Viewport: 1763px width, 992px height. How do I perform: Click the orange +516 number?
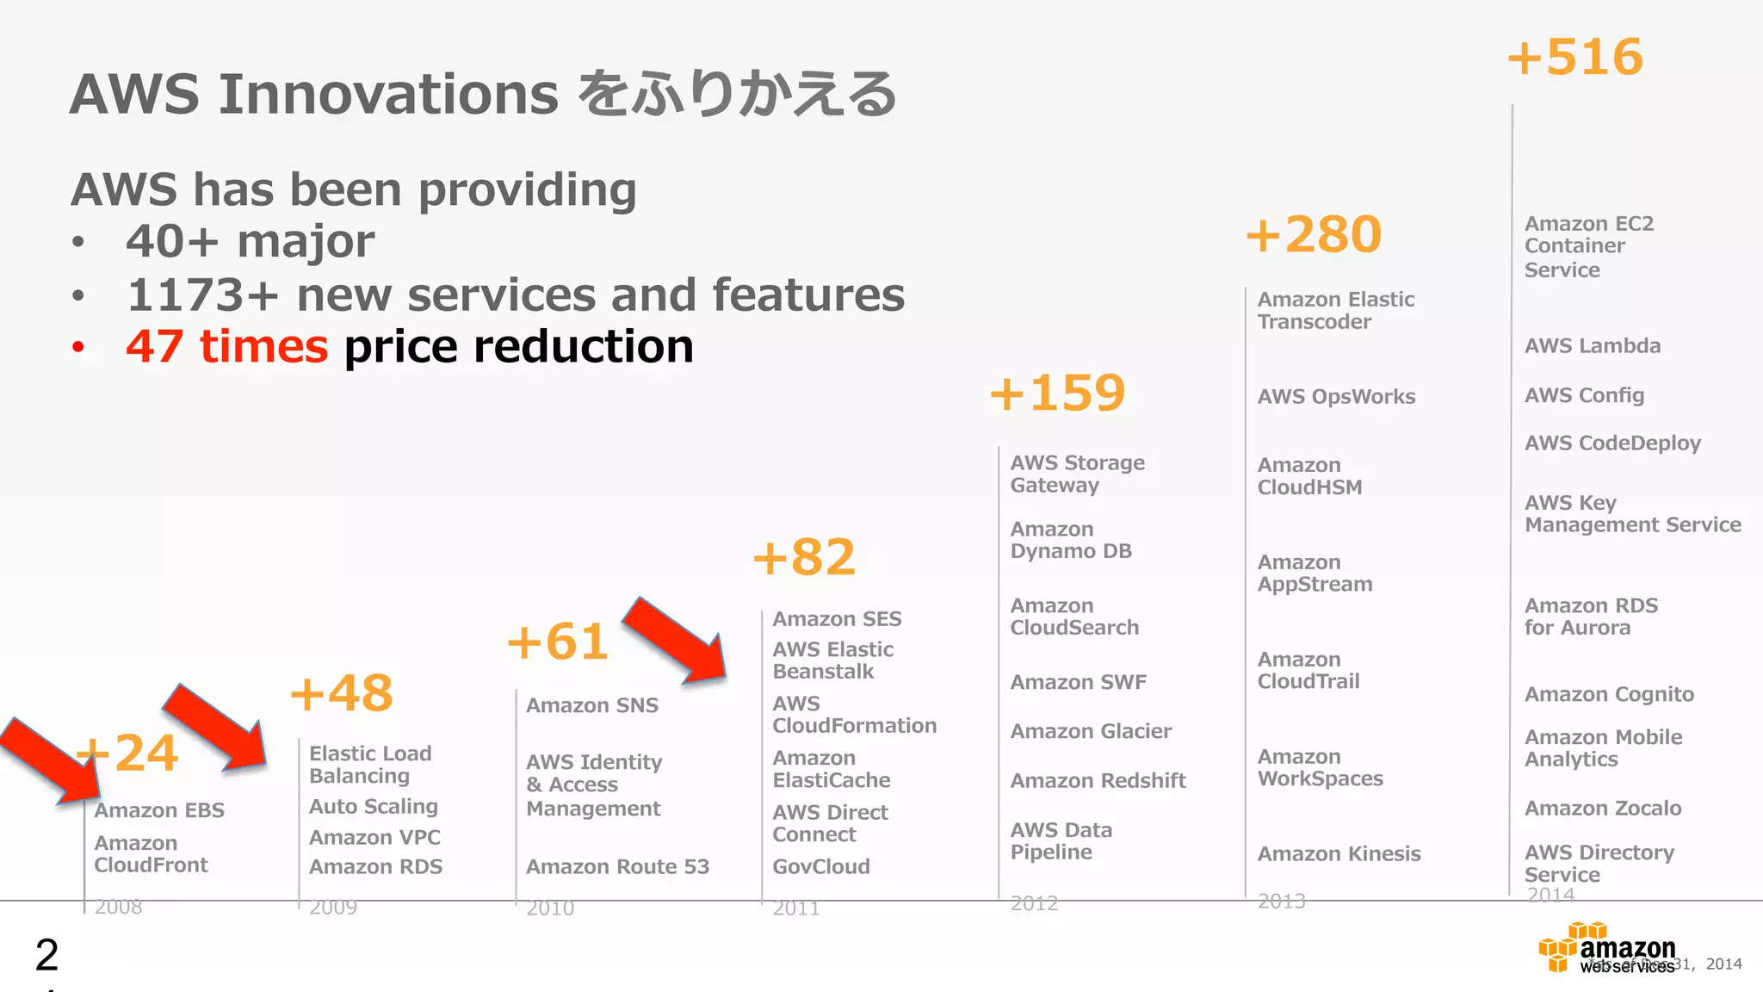[x=1575, y=58]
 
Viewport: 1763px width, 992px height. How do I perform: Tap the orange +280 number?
[x=1314, y=235]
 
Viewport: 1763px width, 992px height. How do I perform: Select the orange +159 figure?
[x=1058, y=394]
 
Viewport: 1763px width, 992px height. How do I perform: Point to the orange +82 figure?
[x=804, y=558]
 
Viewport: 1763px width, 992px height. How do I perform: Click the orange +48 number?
[x=342, y=693]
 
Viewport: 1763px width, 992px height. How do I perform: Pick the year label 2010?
[x=550, y=908]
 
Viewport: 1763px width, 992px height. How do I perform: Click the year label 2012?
[x=1034, y=903]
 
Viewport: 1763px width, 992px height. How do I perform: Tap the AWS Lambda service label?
[x=1593, y=346]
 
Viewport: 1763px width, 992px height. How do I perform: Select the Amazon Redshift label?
[x=1098, y=781]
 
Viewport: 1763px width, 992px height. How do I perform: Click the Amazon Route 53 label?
[x=617, y=867]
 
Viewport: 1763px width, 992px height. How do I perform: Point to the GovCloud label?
[x=821, y=867]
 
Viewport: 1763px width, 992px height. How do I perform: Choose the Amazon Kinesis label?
[x=1339, y=854]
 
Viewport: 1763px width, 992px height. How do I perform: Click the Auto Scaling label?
[x=374, y=807]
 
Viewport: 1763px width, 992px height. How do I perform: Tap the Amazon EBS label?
[x=159, y=811]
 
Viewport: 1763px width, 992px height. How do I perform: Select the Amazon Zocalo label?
[x=1603, y=809]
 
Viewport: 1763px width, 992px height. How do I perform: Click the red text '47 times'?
[x=226, y=347]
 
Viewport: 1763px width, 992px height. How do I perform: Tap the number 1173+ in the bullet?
[x=202, y=295]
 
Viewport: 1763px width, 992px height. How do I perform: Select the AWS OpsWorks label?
[x=1336, y=397]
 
